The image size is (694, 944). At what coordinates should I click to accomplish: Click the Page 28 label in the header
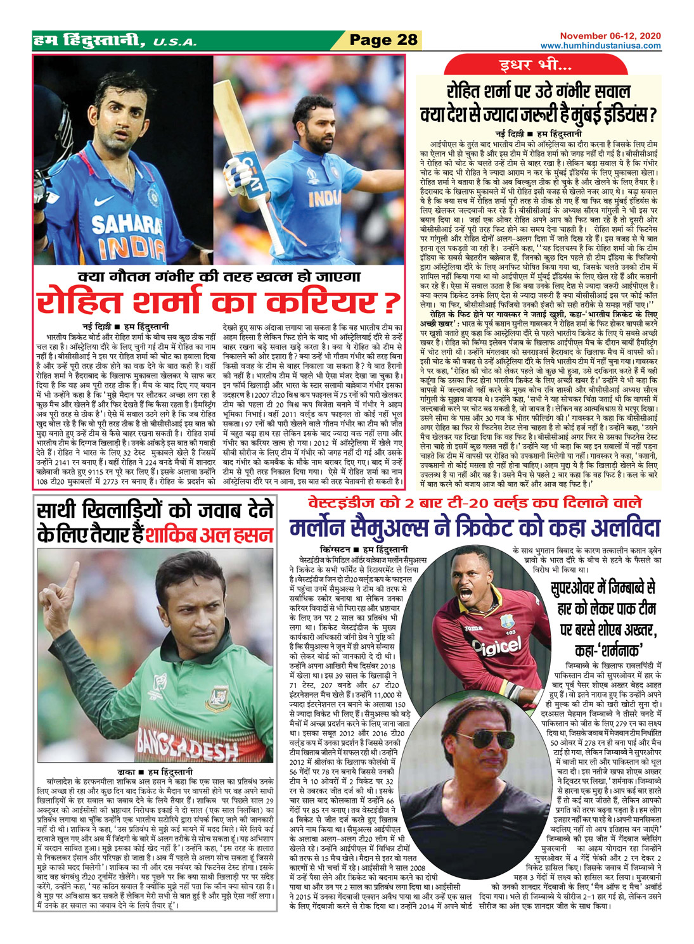click(x=383, y=40)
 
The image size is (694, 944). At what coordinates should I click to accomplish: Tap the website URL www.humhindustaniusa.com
click(x=600, y=46)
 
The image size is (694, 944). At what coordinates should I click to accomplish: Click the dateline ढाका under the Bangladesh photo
click(x=127, y=772)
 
